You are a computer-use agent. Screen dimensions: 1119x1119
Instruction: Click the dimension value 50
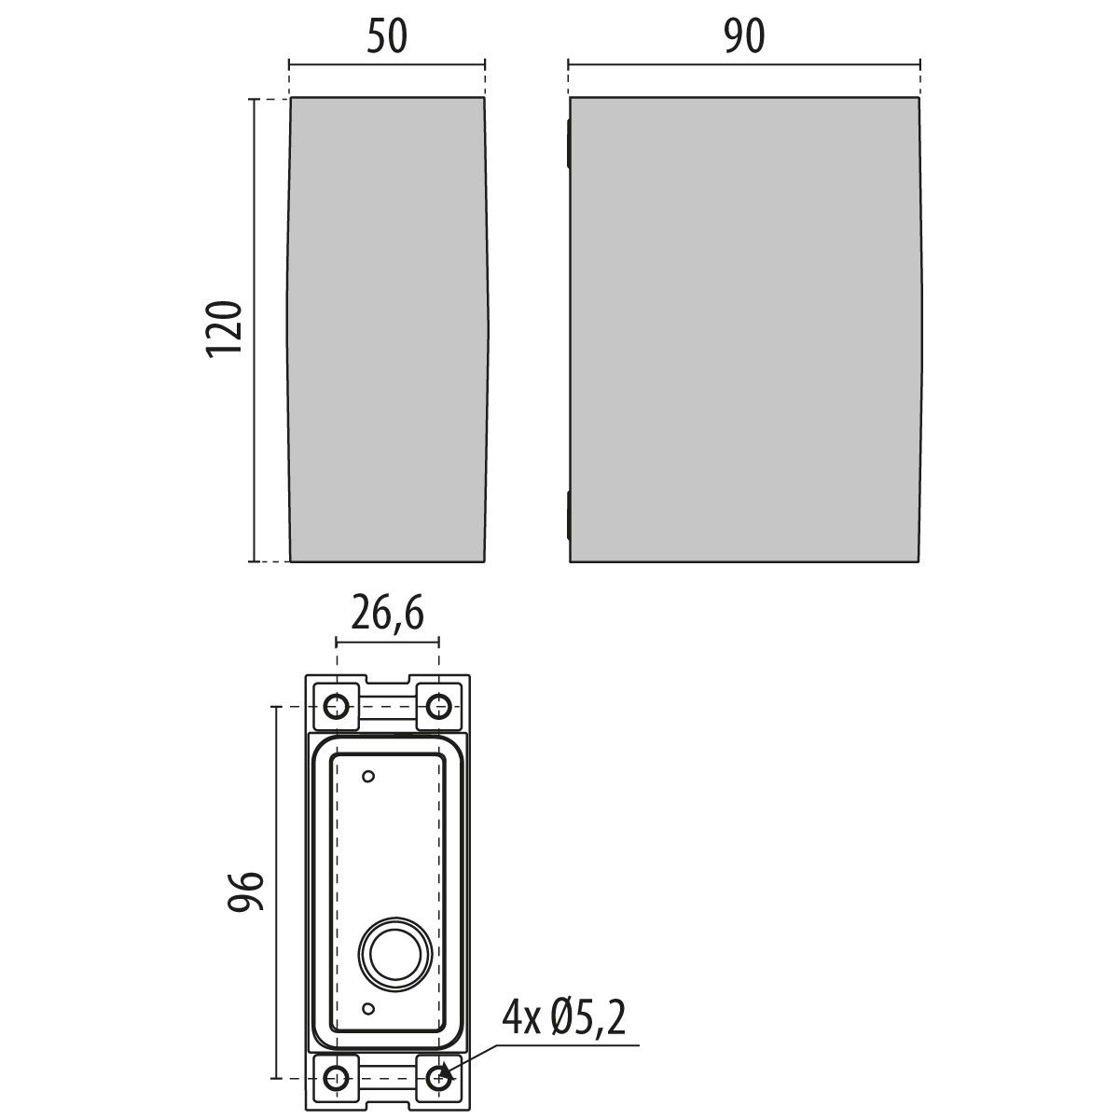coord(386,37)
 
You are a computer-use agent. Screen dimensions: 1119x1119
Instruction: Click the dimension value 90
coord(744,37)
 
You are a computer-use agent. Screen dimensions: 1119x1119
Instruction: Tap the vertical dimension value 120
coord(225,327)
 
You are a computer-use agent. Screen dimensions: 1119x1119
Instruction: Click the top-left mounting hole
coord(337,707)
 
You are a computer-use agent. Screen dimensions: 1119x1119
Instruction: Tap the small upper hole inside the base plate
coord(368,776)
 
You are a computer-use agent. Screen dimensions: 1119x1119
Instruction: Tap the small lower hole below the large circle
coord(368,1009)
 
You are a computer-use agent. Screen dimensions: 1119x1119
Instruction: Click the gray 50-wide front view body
coord(387,329)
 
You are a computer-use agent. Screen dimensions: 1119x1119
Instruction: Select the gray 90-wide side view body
coord(744,329)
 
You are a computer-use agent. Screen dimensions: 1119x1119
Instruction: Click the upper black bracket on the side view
coord(568,145)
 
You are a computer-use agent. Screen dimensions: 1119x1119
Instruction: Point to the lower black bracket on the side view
coord(568,516)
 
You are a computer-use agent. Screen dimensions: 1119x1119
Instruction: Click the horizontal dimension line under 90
coord(744,64)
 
